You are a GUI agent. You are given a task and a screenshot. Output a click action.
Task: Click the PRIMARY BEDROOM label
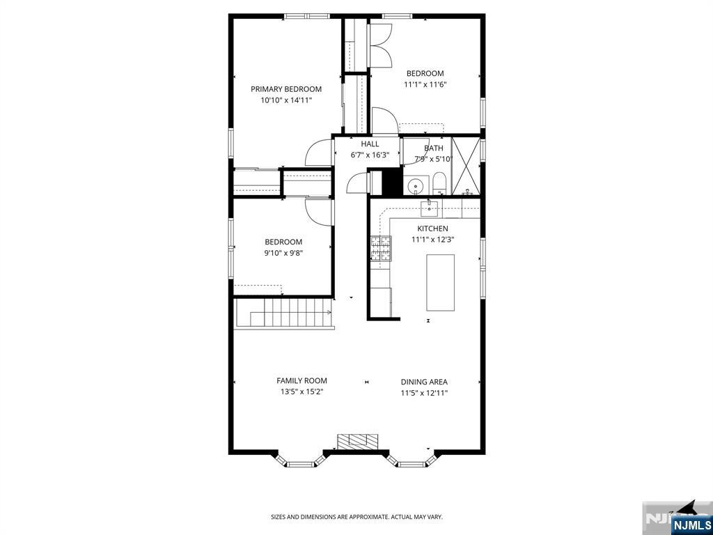pos(286,89)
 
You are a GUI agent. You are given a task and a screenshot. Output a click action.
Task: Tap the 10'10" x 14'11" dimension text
pos(286,100)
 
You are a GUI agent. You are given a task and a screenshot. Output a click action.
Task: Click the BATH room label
pos(434,148)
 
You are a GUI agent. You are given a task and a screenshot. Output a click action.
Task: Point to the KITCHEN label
pos(432,228)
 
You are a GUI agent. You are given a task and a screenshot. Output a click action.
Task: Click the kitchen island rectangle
pos(440,282)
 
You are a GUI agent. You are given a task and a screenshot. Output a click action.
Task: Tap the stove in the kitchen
pos(380,249)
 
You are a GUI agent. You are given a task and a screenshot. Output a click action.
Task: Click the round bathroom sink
pos(416,186)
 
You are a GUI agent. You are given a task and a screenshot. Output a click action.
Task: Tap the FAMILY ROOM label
pos(301,381)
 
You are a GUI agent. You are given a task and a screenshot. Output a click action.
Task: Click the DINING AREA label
pos(424,382)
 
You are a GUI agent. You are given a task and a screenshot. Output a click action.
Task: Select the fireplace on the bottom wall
pos(358,441)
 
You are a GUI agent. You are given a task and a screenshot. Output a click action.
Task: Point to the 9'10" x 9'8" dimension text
pos(283,254)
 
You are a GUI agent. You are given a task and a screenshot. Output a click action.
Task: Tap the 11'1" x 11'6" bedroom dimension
pos(425,85)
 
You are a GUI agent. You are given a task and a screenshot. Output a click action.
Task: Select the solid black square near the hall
pos(393,183)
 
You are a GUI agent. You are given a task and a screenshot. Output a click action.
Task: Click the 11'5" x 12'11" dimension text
pos(424,393)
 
